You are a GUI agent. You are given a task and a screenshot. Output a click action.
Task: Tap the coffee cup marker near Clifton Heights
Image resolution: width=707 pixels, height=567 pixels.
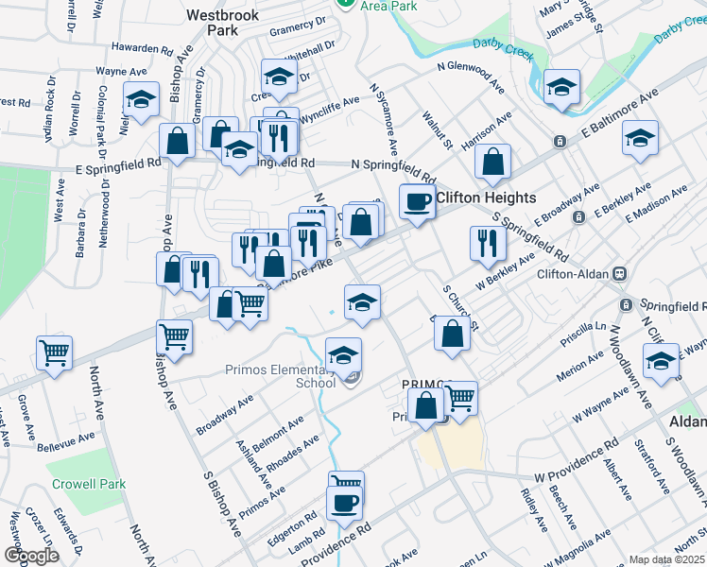pyautogui.click(x=417, y=200)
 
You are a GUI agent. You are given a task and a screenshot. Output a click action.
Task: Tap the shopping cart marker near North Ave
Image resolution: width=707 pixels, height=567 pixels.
pyautogui.click(x=55, y=353)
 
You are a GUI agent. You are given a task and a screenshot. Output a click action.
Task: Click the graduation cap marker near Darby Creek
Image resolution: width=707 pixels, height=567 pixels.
pyautogui.click(x=560, y=89)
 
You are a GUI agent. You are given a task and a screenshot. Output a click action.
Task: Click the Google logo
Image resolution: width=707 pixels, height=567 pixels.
pyautogui.click(x=31, y=556)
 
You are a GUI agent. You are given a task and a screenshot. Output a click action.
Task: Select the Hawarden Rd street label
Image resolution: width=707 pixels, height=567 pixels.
pyautogui.click(x=141, y=47)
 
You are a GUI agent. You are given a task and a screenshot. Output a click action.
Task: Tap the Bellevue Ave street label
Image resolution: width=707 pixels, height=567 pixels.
pyautogui.click(x=66, y=440)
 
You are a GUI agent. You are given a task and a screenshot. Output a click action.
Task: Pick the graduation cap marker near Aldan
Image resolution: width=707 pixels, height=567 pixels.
pyautogui.click(x=661, y=361)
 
